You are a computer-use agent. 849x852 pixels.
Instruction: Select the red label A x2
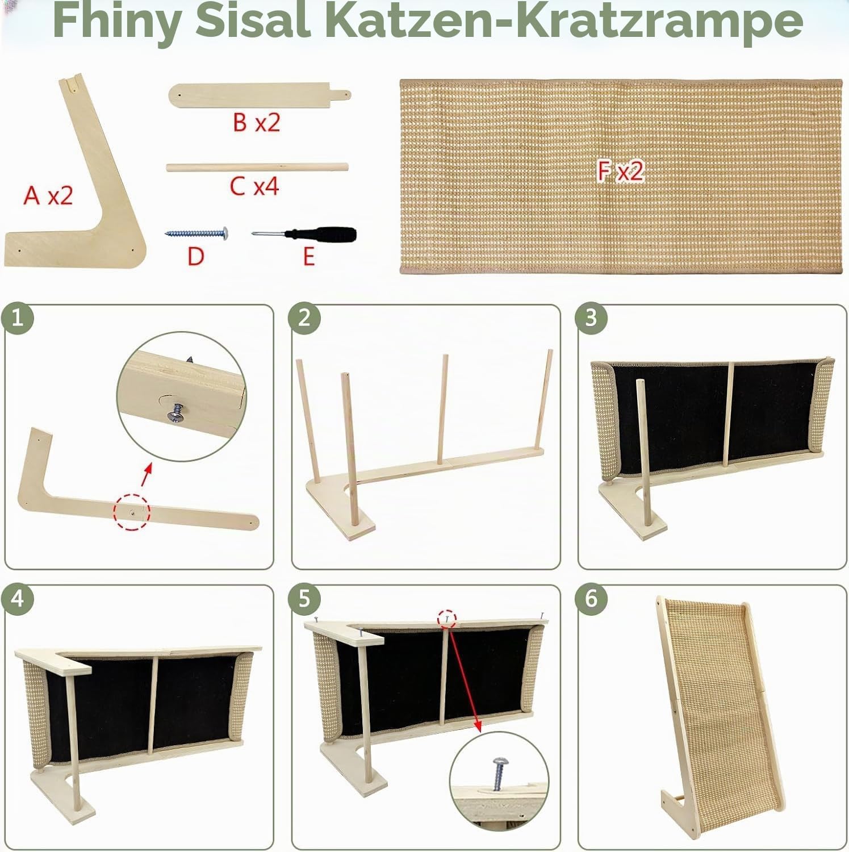48,195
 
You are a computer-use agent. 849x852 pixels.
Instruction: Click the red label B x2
256,122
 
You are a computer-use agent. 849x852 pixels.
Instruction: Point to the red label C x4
254,186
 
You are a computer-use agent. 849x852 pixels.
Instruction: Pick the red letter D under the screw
196,257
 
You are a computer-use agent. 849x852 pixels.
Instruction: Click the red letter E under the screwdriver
308,257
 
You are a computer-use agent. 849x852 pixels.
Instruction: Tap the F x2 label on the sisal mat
620,171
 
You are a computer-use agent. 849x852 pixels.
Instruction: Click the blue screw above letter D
196,232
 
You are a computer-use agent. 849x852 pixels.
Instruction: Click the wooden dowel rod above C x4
257,167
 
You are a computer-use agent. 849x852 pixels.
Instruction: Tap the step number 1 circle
17,318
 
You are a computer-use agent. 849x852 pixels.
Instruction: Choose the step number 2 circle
304,318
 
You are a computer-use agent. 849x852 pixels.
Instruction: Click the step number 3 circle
591,318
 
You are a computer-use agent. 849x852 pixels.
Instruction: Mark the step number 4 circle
17,599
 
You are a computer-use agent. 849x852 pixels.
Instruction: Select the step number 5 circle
304,599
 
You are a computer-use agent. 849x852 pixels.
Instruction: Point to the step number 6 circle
591,599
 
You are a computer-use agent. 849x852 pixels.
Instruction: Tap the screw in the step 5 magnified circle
498,771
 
